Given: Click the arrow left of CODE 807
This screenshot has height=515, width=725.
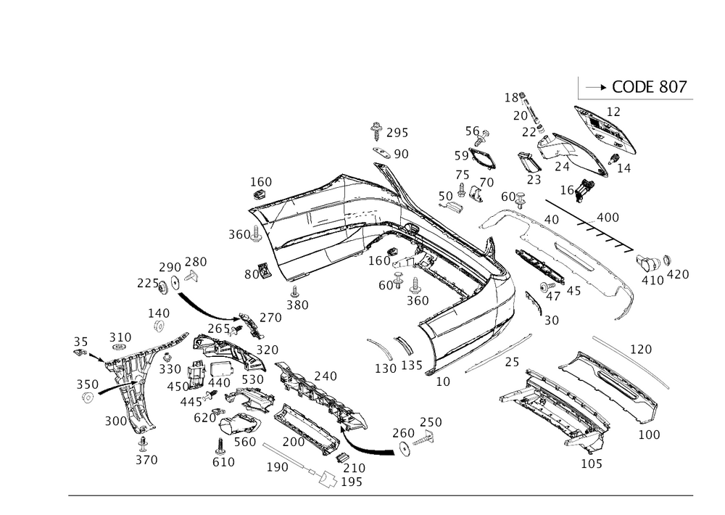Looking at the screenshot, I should coord(595,87).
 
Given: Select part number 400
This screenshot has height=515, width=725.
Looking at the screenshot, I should coord(607,217).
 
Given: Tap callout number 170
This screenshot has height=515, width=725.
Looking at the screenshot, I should coord(640,350).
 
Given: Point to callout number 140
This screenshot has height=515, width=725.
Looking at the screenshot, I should coord(158,313).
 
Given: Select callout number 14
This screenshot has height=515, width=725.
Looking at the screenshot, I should coord(623,167).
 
